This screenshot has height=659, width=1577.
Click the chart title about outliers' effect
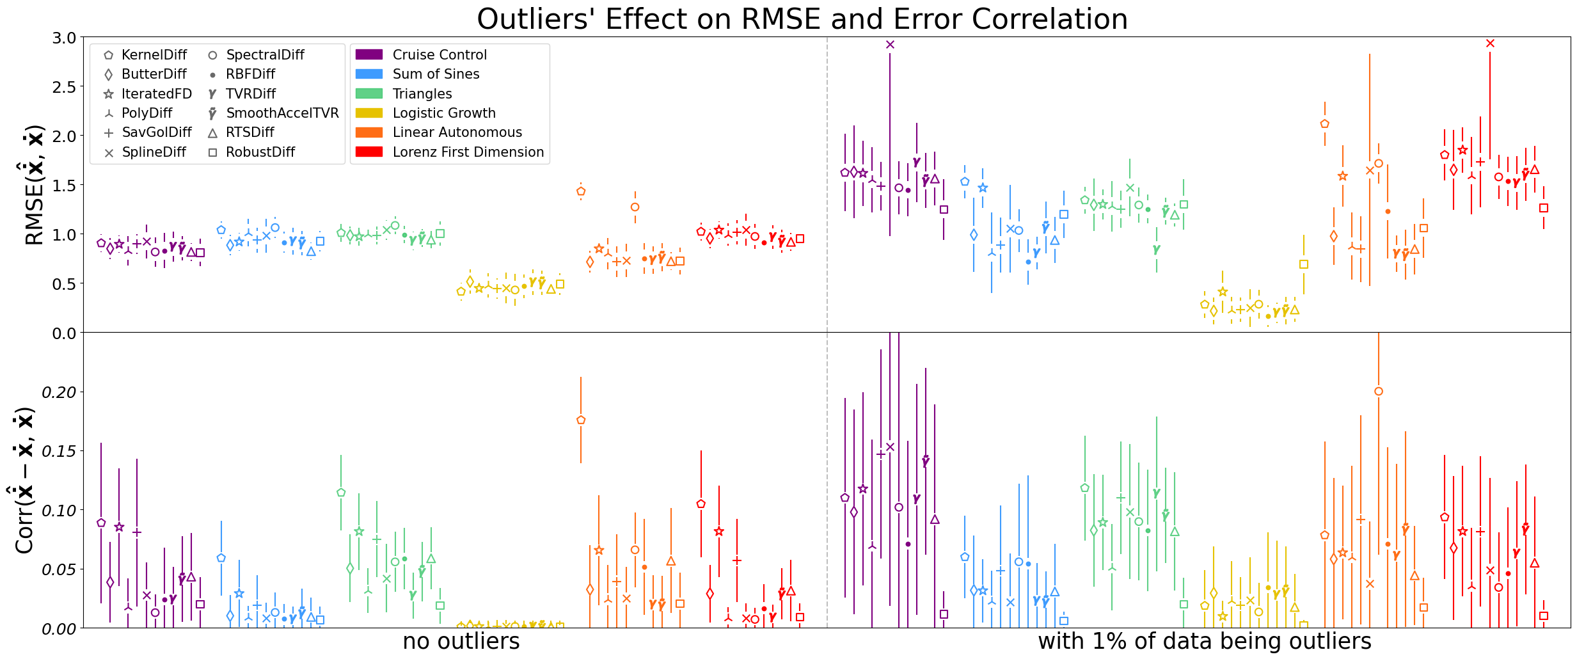click(802, 19)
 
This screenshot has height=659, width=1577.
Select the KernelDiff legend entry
click(154, 55)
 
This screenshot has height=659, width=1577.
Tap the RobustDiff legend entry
click(260, 152)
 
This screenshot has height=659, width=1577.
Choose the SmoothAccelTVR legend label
click(282, 113)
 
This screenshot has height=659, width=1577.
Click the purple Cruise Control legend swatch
click(369, 55)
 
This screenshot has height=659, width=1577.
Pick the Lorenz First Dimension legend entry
click(468, 152)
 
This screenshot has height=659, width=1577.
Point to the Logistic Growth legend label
click(444, 113)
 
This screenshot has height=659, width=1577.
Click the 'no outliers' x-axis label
click(461, 642)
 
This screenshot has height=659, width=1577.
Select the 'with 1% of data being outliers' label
click(1204, 642)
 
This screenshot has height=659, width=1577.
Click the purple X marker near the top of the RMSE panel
click(890, 44)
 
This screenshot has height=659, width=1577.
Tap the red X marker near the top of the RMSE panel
click(1490, 44)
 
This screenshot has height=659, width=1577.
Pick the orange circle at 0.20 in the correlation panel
click(1379, 392)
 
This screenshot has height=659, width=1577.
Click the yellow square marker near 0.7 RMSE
click(1304, 264)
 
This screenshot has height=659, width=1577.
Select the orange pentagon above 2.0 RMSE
click(1325, 124)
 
